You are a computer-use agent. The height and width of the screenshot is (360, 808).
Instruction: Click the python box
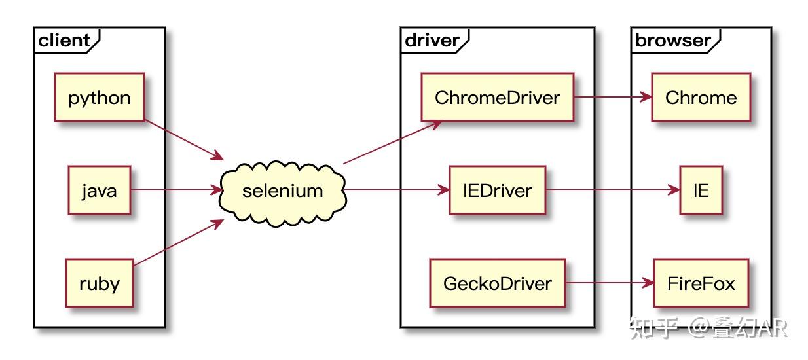[100, 98]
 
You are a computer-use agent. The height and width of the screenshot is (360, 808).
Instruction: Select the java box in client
[100, 190]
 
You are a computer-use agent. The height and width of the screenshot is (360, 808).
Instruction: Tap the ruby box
[100, 283]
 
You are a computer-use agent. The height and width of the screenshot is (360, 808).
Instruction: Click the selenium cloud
[283, 190]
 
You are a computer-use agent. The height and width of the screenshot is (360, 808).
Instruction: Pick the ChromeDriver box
[498, 98]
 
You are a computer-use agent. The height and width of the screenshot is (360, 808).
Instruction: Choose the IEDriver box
[498, 190]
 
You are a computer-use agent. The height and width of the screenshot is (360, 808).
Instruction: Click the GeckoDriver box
[498, 283]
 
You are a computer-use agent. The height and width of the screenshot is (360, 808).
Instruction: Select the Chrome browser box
[701, 98]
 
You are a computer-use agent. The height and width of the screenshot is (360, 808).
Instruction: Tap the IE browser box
[701, 190]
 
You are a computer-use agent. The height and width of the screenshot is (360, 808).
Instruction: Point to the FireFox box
[701, 283]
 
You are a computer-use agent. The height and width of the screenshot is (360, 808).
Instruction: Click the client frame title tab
[64, 41]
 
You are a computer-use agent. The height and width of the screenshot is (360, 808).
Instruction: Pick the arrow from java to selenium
[175, 190]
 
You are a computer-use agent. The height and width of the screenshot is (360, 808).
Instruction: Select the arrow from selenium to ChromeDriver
[392, 141]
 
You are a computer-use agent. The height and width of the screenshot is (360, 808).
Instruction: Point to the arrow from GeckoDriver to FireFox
[609, 283]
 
